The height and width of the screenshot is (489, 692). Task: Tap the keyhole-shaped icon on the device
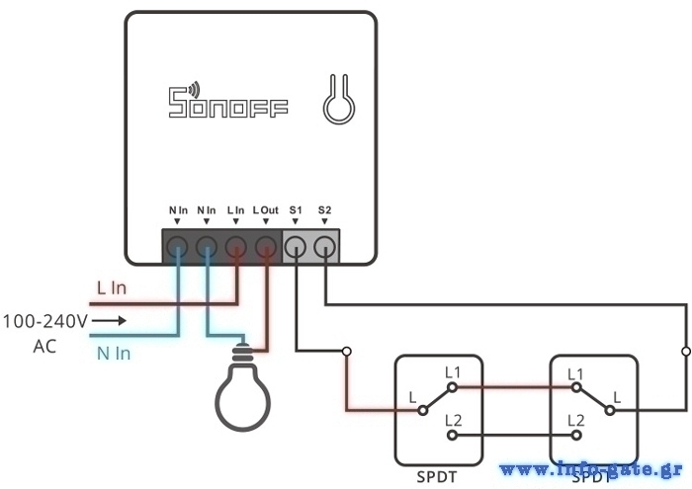(336, 99)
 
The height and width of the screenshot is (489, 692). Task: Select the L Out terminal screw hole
(266, 245)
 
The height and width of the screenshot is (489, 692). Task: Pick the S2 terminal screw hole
(325, 245)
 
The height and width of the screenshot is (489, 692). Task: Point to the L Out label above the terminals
(266, 210)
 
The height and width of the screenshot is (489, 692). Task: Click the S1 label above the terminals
(296, 210)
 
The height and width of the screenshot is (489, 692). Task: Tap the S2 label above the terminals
(325, 210)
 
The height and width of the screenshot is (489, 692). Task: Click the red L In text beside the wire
(111, 287)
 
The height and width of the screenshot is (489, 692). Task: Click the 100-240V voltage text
(45, 321)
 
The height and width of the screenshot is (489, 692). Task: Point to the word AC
(45, 346)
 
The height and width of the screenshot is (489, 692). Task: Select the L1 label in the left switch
(453, 371)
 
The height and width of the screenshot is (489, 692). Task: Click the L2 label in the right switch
(576, 420)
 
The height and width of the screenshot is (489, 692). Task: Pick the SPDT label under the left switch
(438, 476)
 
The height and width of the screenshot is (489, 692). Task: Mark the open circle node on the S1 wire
(346, 351)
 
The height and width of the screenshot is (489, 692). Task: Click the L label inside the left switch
(413, 397)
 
